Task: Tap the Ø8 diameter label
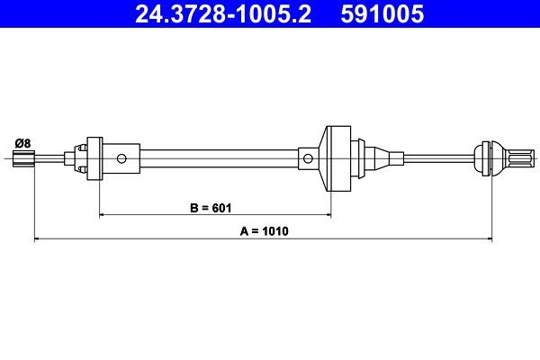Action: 22,142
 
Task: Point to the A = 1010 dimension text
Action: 265,231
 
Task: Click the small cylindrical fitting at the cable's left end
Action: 25,159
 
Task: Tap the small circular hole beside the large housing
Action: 308,159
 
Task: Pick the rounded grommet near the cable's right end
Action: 487,159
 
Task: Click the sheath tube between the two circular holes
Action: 216,159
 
